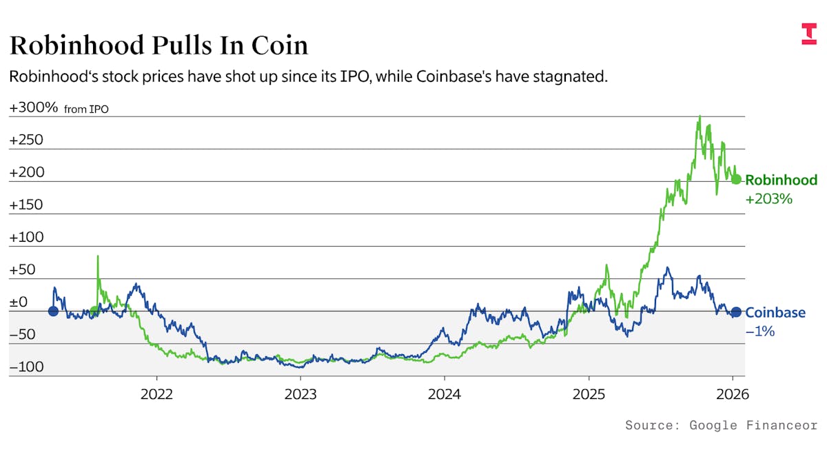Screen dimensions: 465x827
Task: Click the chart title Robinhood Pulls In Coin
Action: point(159,45)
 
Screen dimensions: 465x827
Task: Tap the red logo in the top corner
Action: point(808,34)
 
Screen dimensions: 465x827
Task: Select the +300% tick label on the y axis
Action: point(34,108)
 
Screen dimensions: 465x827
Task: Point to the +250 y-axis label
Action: point(26,141)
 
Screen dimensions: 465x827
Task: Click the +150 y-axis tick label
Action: point(26,205)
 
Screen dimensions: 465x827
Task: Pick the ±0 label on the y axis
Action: point(19,302)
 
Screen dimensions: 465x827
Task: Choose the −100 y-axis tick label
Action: point(26,367)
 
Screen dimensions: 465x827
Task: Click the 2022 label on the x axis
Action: point(156,396)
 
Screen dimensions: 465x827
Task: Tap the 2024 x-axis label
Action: point(445,396)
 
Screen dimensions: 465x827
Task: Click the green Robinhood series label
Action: point(781,180)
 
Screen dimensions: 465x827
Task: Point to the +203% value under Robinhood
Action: point(769,200)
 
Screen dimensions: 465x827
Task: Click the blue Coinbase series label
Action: point(775,313)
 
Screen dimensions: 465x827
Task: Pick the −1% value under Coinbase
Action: point(760,331)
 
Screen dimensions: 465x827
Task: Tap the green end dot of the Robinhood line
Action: point(736,180)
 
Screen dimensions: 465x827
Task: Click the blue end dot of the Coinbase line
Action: point(736,312)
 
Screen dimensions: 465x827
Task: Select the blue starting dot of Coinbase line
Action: point(53,311)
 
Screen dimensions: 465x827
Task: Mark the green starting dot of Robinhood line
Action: point(94,311)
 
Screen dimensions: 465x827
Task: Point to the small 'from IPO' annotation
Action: point(86,110)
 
